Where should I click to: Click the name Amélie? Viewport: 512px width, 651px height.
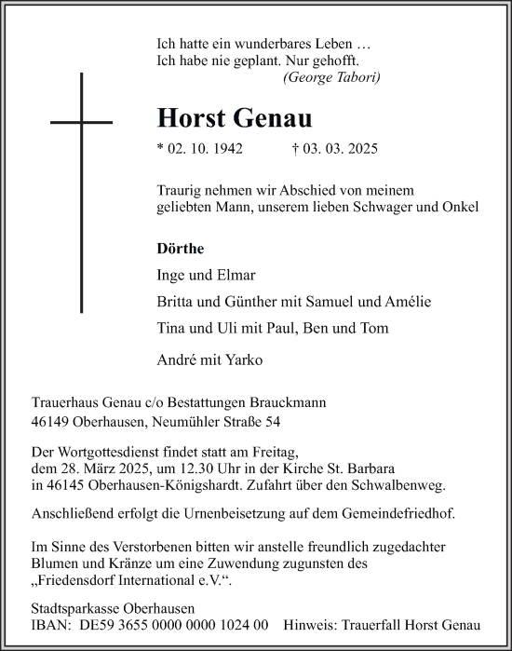pyautogui.click(x=408, y=302)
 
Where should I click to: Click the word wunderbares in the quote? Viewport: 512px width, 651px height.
pyautogui.click(x=264, y=43)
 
